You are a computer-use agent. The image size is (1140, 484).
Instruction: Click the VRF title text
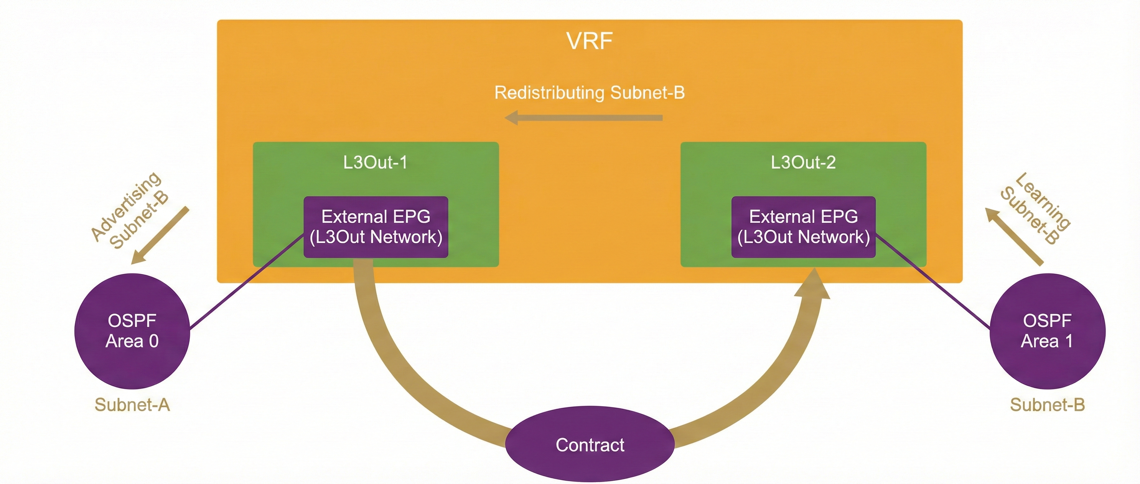pos(589,41)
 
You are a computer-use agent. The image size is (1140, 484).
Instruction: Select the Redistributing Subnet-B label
pos(589,93)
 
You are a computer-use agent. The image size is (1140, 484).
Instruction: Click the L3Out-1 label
pos(375,162)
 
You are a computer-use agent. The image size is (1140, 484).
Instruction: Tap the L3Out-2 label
pos(803,162)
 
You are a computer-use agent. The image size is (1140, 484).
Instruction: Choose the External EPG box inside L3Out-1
pos(376,227)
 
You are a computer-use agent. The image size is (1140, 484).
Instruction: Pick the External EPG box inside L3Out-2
pos(803,227)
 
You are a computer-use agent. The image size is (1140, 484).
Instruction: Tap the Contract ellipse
pos(590,445)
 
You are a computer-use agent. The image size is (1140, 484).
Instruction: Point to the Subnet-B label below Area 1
pos(1047,405)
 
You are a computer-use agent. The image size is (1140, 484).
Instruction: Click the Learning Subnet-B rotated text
pos(1036,208)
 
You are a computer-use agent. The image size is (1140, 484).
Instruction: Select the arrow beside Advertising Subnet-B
pos(160,236)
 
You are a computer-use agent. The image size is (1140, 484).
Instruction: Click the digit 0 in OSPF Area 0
pos(154,341)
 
